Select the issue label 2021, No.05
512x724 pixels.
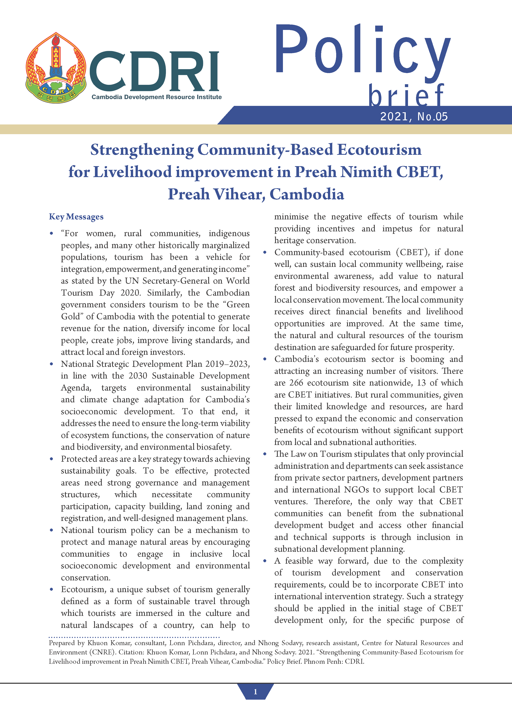414,117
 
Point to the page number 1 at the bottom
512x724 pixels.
255,692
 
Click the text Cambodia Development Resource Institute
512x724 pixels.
156,97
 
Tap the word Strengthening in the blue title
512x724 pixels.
142,150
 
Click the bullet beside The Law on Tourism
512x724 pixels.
265,454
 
